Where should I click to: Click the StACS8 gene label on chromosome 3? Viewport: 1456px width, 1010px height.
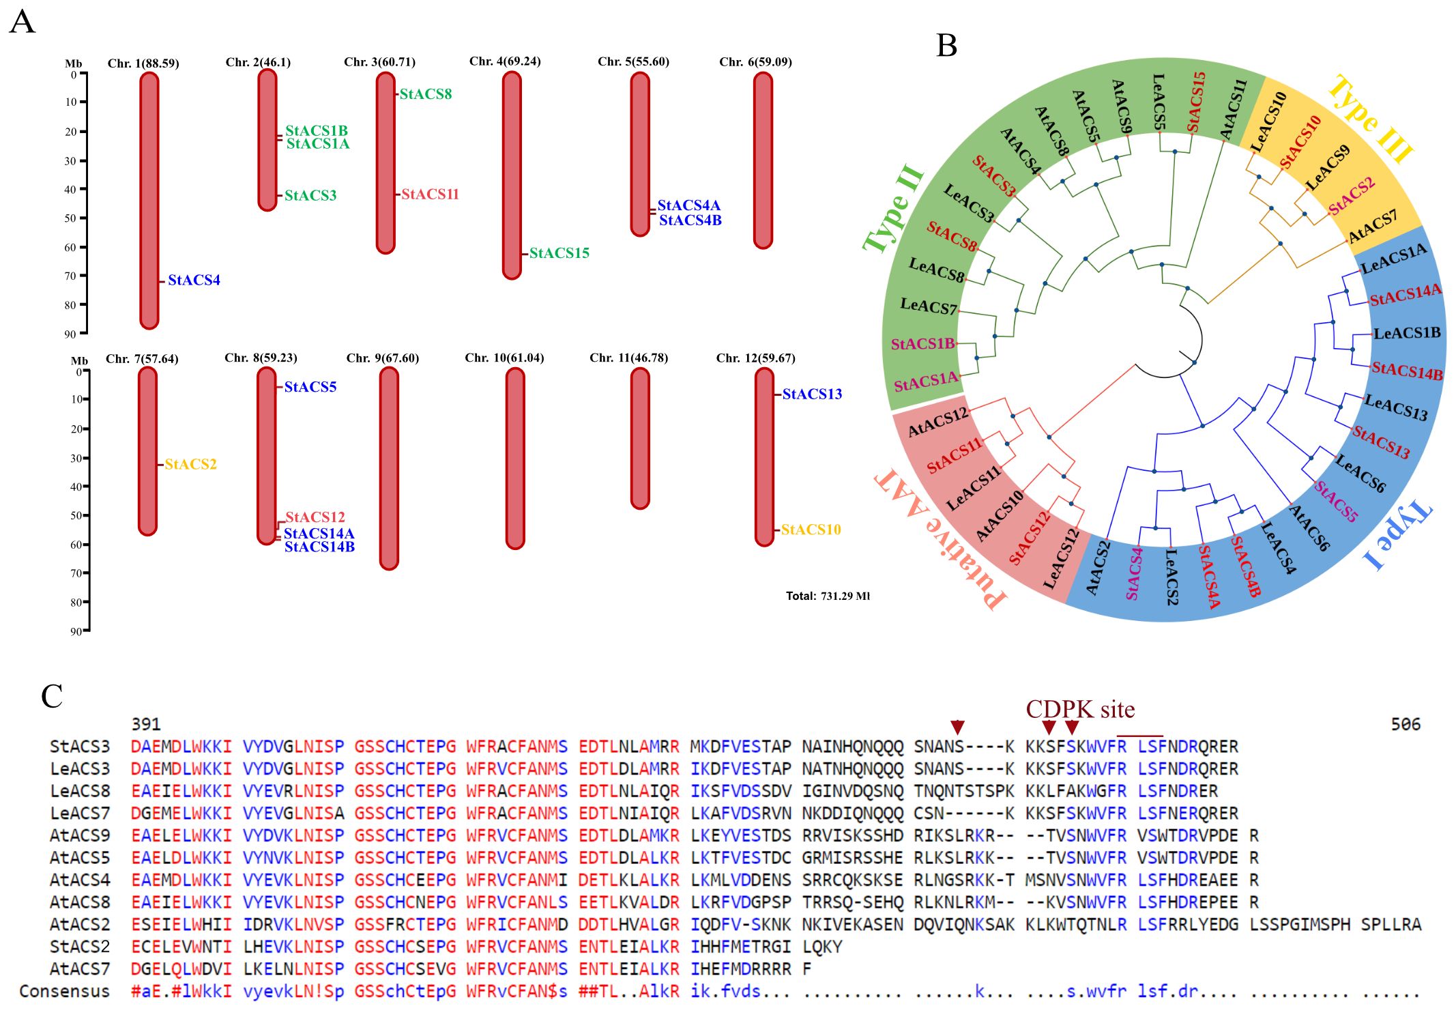[425, 94]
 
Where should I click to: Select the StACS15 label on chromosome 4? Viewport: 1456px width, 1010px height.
[559, 253]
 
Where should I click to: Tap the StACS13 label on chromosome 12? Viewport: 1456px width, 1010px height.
[811, 394]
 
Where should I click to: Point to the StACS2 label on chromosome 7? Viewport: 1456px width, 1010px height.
[190, 465]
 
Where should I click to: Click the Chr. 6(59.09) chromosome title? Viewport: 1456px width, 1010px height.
[755, 62]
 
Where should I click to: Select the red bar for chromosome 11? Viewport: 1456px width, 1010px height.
[640, 438]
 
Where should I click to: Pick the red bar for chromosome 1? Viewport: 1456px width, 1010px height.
[149, 201]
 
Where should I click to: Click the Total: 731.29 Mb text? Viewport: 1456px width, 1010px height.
[827, 596]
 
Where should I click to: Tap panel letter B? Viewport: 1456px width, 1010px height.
[946, 46]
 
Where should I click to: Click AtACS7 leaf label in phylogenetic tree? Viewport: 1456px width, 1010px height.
[1372, 227]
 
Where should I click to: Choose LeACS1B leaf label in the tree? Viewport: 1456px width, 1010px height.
[1406, 334]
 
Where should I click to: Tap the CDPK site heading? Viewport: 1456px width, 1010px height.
[1080, 710]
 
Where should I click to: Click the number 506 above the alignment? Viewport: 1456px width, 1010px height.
[1406, 724]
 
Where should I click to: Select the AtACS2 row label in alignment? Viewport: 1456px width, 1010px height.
[79, 925]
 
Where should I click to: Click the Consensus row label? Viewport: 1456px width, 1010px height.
[64, 992]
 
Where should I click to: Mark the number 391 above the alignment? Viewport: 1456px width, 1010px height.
[145, 724]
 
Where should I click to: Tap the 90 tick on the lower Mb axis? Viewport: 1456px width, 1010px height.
[76, 632]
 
